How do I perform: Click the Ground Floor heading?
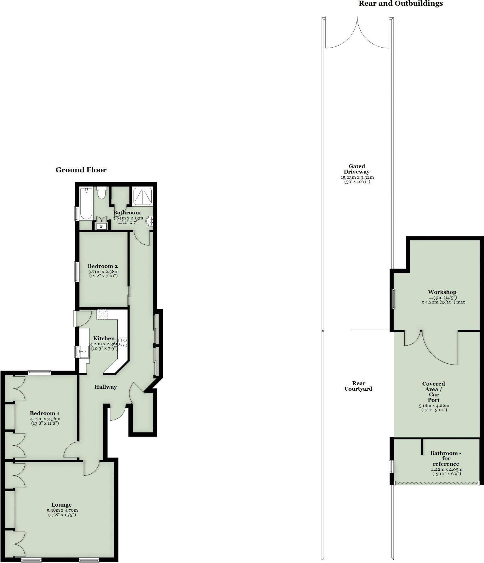click(81, 170)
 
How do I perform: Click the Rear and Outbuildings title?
click(400, 4)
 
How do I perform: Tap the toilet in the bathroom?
click(102, 192)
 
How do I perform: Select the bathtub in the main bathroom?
click(86, 204)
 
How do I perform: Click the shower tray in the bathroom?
click(142, 196)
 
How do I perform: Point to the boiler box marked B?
click(101, 226)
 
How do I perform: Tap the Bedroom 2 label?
click(103, 266)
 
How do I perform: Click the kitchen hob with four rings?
click(123, 343)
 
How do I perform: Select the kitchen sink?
click(84, 351)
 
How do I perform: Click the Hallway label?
click(106, 387)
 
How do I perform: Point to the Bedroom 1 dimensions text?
click(45, 421)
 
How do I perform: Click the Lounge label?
click(62, 505)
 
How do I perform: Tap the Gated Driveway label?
click(357, 169)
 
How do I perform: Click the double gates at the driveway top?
click(357, 33)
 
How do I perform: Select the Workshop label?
click(442, 292)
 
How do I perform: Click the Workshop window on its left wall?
click(393, 299)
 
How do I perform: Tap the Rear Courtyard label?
click(358, 386)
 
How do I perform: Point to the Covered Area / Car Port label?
click(433, 391)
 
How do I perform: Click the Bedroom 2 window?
click(77, 272)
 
